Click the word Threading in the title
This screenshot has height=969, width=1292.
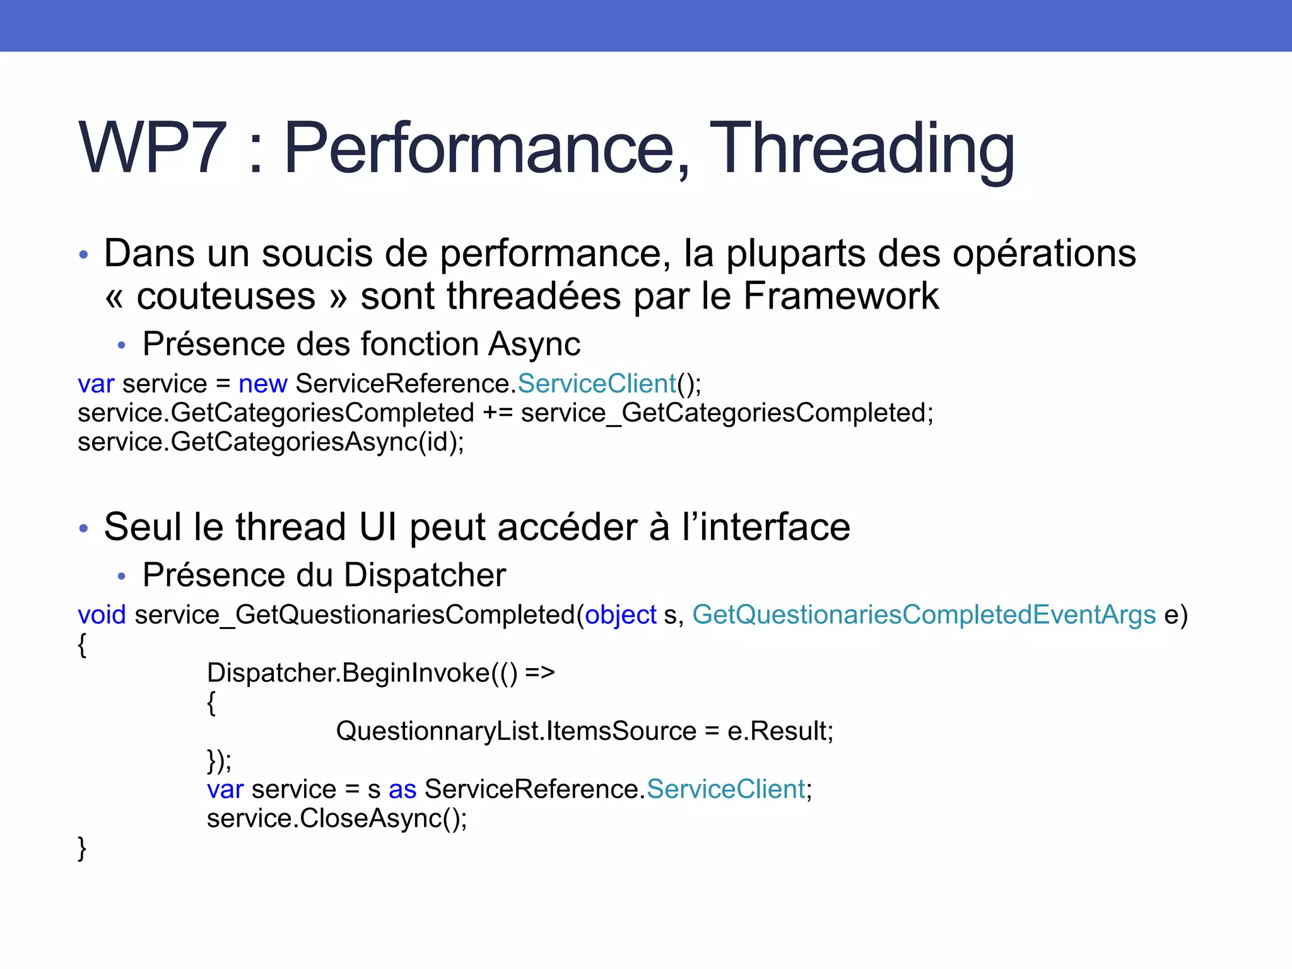click(862, 149)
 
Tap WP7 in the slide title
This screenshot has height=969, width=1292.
click(153, 149)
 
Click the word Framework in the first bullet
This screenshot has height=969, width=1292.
click(841, 296)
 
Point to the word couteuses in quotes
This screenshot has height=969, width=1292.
click(226, 297)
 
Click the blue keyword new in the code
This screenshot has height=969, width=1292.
click(262, 384)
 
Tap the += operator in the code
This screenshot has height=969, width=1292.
click(497, 413)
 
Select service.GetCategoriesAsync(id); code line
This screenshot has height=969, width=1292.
click(271, 442)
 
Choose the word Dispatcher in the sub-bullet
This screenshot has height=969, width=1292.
click(425, 575)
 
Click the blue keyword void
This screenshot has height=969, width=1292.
click(102, 614)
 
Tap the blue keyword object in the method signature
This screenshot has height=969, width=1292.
click(620, 615)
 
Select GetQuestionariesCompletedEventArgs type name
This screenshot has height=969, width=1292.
click(924, 614)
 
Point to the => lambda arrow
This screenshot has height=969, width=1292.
click(539, 673)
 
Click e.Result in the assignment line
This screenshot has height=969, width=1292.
click(780, 731)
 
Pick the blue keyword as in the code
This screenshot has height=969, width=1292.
click(402, 789)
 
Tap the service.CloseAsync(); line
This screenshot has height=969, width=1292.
click(337, 818)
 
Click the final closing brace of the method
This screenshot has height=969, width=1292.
click(82, 849)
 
